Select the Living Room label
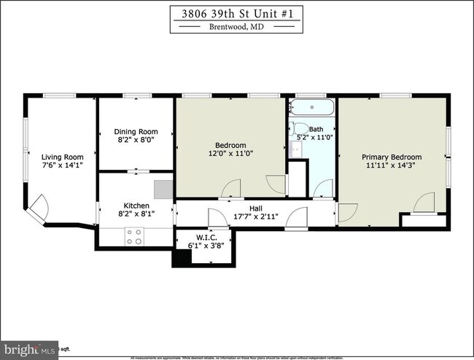pos(62,157)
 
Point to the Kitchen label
pos(136,206)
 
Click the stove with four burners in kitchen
pos(134,236)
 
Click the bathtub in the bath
pos(311,108)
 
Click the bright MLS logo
pos(29,348)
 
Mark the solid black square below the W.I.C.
pos(180,258)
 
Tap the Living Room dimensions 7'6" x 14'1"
pos(62,165)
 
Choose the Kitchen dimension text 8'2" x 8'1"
pos(136,214)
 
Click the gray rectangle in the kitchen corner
pos(164,189)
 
